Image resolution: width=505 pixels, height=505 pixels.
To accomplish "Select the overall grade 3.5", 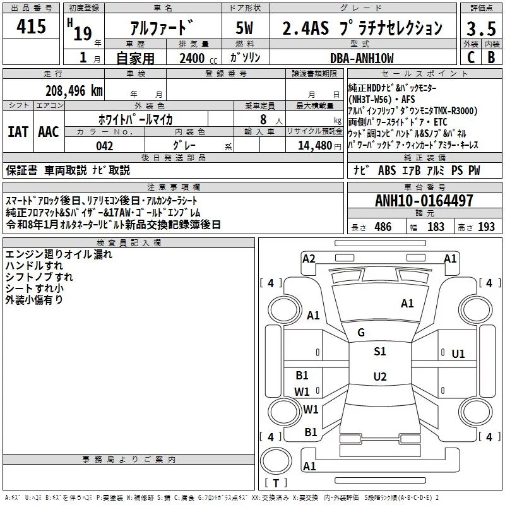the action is click(x=480, y=28).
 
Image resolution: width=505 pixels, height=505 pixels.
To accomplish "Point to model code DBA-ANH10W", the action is click(x=362, y=58).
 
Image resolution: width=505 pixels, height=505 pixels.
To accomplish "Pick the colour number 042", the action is click(x=104, y=146).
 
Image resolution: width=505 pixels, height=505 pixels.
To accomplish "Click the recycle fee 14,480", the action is click(x=309, y=146).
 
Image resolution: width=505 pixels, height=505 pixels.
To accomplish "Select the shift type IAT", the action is click(x=18, y=132).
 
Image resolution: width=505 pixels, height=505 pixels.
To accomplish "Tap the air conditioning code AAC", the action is click(x=48, y=132).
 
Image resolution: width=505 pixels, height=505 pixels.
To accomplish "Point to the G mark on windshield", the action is click(x=361, y=333).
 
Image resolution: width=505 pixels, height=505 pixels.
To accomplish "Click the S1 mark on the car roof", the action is click(x=379, y=352).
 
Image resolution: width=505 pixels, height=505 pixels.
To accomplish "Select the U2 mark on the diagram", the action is click(x=379, y=377).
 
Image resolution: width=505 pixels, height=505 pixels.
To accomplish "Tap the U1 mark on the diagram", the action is click(x=458, y=353).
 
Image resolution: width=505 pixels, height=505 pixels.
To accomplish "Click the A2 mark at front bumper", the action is click(x=309, y=258).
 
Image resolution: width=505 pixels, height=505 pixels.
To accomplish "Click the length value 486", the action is click(x=383, y=227).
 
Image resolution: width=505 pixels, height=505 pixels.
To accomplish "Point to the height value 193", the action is click(x=486, y=227).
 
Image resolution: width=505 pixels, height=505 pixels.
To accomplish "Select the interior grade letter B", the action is click(x=491, y=57).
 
